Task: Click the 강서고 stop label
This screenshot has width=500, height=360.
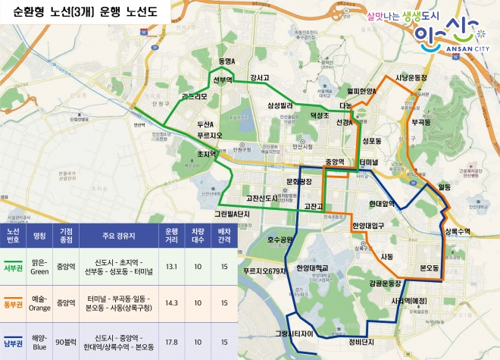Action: (x=259, y=77)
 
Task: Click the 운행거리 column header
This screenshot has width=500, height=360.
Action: (x=171, y=235)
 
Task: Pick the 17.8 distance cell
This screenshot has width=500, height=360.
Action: (x=171, y=341)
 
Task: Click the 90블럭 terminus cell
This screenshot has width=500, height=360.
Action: (x=66, y=341)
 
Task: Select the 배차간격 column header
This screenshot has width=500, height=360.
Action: (x=224, y=235)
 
